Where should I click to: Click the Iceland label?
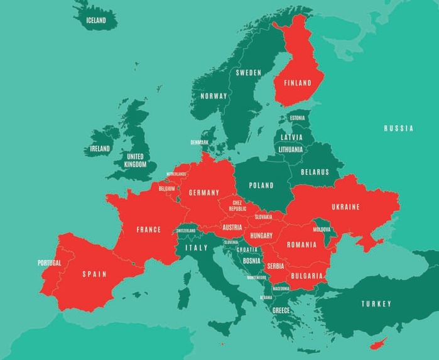96,20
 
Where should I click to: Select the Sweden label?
248,72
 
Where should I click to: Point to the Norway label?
214,96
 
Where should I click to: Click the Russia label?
399,128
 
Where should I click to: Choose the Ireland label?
99,149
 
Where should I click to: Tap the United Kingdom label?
135,160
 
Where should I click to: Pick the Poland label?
261,185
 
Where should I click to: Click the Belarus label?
315,172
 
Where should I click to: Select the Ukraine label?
345,207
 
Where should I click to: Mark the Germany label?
203,192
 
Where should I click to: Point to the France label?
148,229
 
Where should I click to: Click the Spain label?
94,274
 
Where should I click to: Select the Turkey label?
376,304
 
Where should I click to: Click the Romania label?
301,244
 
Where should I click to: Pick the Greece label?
281,310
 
